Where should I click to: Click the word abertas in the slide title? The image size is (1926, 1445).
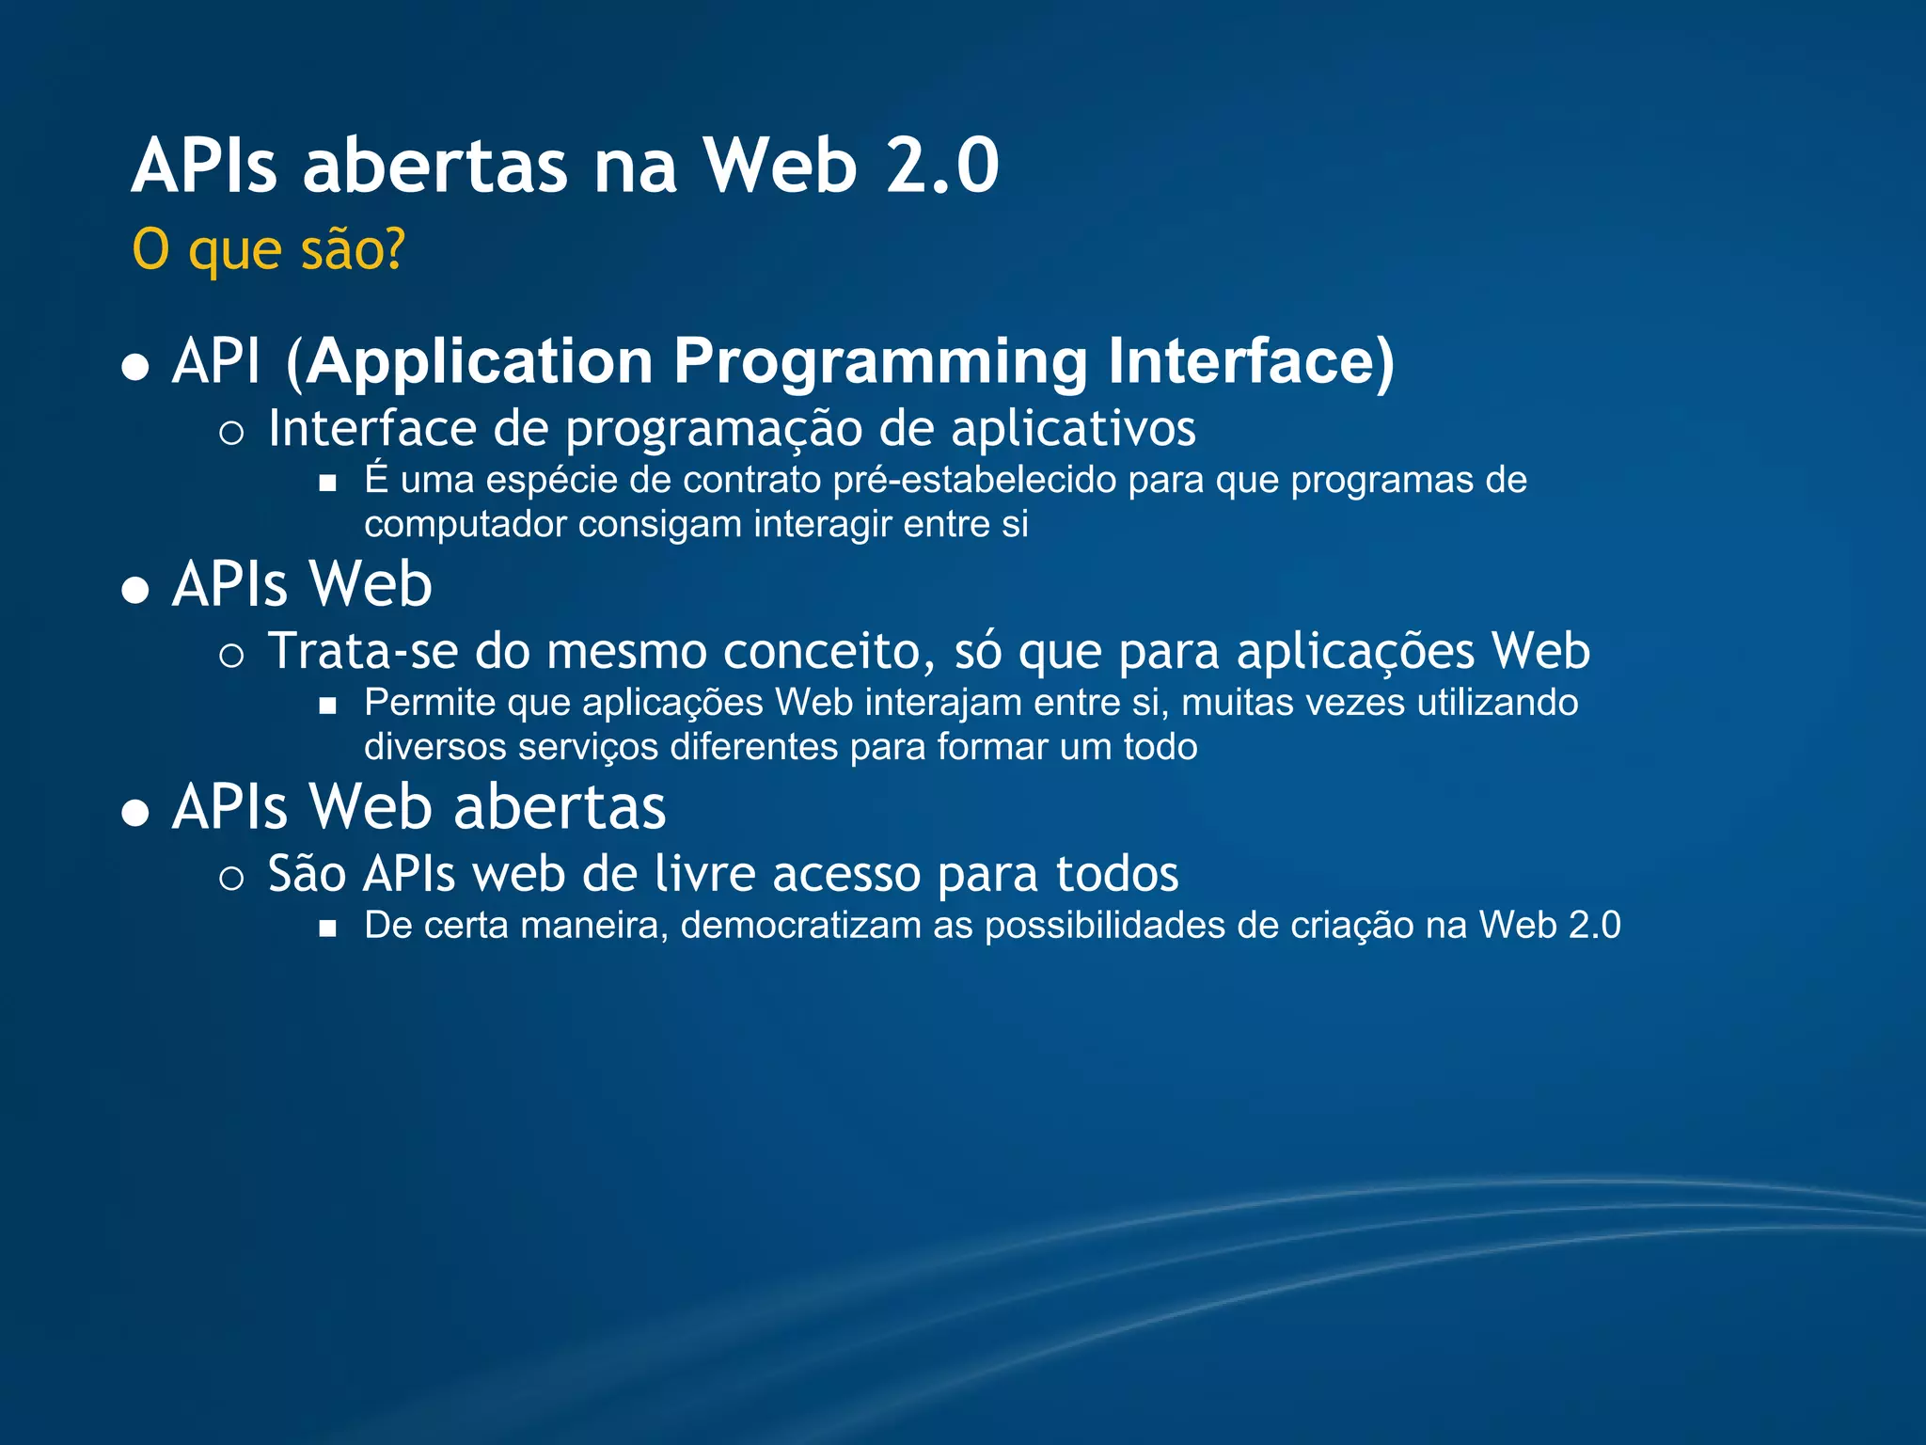(435, 166)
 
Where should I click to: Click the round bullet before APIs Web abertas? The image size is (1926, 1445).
(136, 812)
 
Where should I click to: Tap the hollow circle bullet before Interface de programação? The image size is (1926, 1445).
(231, 433)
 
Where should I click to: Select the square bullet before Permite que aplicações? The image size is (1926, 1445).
(327, 706)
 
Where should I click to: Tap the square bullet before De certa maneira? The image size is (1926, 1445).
(327, 929)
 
